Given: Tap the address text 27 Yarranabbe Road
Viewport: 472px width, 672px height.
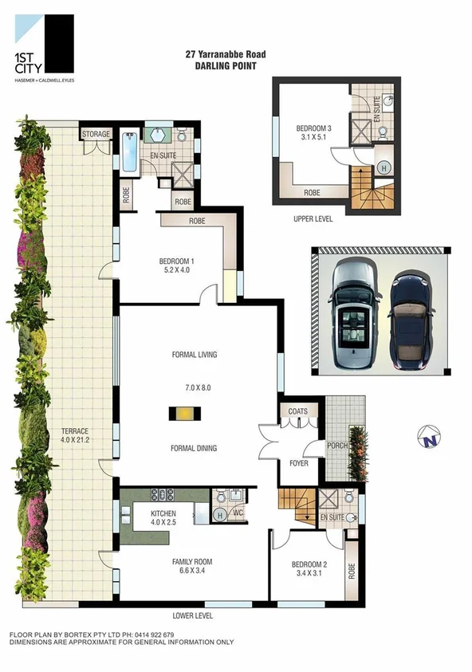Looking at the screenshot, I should tap(225, 55).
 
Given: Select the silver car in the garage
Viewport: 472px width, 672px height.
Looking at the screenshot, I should tap(352, 316).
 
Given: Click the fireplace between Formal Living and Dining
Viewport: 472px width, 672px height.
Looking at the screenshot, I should tap(183, 413).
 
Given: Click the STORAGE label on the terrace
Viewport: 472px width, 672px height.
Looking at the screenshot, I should tap(95, 135).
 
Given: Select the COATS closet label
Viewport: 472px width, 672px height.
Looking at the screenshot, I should tap(299, 411).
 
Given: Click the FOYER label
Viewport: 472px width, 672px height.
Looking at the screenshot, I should tap(298, 462).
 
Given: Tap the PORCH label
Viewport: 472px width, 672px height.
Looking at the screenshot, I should tap(336, 445).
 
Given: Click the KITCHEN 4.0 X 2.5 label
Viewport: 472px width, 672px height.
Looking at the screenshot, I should tap(168, 517).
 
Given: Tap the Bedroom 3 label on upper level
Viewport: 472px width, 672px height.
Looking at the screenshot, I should tap(313, 132).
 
